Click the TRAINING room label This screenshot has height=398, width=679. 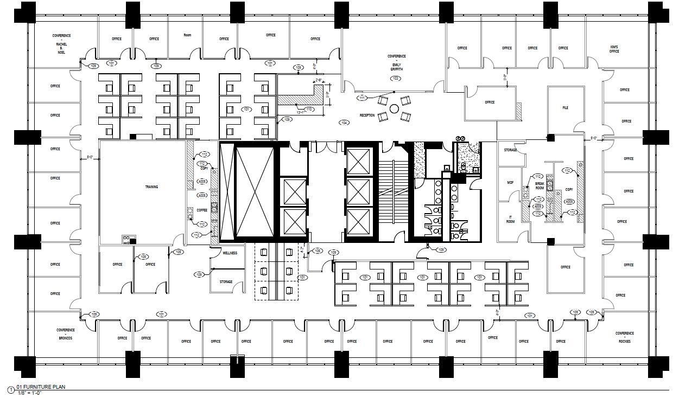click(x=151, y=187)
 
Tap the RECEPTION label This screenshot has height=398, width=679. click(x=367, y=115)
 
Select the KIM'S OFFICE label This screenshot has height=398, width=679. click(x=614, y=49)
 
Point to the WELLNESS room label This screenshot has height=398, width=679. click(x=230, y=253)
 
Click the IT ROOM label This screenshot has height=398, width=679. click(x=510, y=220)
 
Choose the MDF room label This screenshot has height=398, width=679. click(x=510, y=183)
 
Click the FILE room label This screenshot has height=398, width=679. click(x=565, y=108)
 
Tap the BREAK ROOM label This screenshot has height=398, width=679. click(x=540, y=185)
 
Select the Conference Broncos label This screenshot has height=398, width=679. click(x=65, y=333)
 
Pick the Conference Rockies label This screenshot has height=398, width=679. click(x=624, y=337)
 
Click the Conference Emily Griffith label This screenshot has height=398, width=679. click(x=396, y=62)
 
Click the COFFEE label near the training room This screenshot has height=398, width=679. click(x=202, y=210)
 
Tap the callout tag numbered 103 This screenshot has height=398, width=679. click(x=396, y=79)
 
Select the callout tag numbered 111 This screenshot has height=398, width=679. click(x=362, y=98)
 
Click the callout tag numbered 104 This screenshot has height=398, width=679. click(x=344, y=123)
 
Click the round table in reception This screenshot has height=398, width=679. click(x=394, y=108)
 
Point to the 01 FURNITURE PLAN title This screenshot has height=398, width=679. click(x=42, y=387)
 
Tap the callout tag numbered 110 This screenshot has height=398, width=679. click(x=308, y=110)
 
